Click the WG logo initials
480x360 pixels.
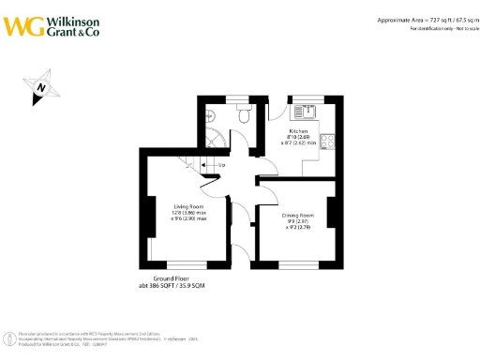coord(22,25)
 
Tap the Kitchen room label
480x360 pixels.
coord(298,131)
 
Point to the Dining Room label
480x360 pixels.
coord(298,216)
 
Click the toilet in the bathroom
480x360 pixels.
coord(244,115)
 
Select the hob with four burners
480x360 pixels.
coord(328,142)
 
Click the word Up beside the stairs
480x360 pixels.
coord(221,167)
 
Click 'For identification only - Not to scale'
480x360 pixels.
coord(442,28)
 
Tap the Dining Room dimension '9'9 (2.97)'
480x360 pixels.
coord(298,222)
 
